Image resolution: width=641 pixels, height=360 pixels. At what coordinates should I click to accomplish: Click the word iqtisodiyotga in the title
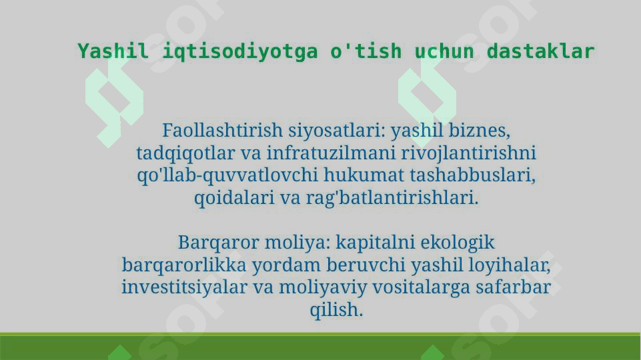tap(240, 52)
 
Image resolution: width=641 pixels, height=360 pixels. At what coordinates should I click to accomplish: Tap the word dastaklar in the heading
tap(540, 51)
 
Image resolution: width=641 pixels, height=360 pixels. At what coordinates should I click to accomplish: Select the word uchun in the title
tap(444, 52)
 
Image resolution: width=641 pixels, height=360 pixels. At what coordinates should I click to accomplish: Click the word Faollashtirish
tap(222, 131)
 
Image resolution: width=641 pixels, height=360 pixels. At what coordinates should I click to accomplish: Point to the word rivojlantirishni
tap(468, 153)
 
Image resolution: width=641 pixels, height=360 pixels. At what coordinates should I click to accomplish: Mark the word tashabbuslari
tap(472, 175)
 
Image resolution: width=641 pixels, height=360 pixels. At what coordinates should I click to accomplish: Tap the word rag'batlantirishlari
tap(392, 198)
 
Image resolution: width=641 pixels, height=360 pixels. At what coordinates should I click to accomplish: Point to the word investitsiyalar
tap(184, 288)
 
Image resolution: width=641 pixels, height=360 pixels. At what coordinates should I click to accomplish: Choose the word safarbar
tap(513, 287)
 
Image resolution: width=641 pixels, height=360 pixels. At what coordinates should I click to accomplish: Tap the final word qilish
tap(336, 310)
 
